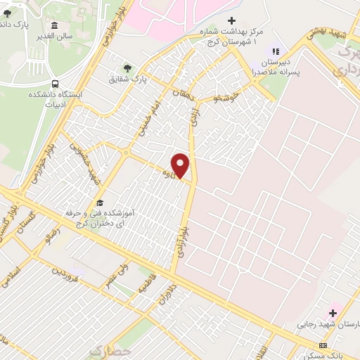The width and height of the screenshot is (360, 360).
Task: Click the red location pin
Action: click(x=181, y=165)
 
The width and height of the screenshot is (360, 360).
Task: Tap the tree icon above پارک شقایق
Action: click(x=127, y=68)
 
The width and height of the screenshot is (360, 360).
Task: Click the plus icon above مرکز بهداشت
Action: click(x=232, y=20)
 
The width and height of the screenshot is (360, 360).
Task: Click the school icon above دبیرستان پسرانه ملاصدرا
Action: click(x=276, y=51)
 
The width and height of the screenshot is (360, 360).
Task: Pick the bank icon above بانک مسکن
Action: click(x=323, y=345)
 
